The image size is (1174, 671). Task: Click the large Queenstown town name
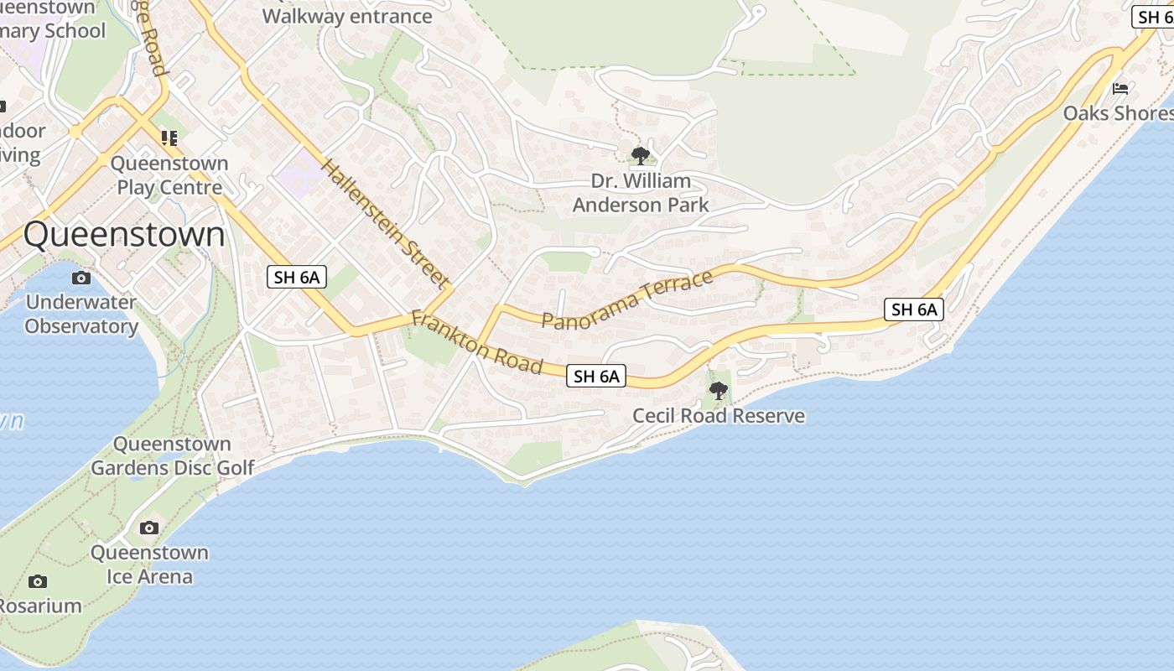[x=124, y=235]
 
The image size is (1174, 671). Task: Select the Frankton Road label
[x=476, y=343]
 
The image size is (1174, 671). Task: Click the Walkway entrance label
[x=347, y=16]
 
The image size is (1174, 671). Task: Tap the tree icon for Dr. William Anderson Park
[x=641, y=156]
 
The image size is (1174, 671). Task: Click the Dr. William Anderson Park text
[x=641, y=193]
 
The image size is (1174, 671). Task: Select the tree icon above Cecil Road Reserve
[x=719, y=390]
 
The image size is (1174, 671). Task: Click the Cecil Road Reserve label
[x=719, y=416]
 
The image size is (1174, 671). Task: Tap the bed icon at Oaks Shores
[x=1120, y=89]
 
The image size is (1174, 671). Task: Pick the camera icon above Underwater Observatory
[x=81, y=278]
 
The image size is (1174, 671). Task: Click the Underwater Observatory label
[x=81, y=315]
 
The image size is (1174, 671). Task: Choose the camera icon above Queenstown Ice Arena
[x=149, y=528]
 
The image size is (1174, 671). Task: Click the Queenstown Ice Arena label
[x=149, y=564]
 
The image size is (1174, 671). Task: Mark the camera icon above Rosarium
[x=38, y=581]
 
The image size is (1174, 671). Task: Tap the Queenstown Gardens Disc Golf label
[x=172, y=455]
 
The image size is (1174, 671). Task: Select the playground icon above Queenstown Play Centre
[x=169, y=138]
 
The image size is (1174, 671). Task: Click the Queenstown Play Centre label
[x=169, y=175]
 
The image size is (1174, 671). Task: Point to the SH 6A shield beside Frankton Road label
[x=596, y=377]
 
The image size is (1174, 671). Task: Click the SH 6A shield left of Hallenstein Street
[x=298, y=277]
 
